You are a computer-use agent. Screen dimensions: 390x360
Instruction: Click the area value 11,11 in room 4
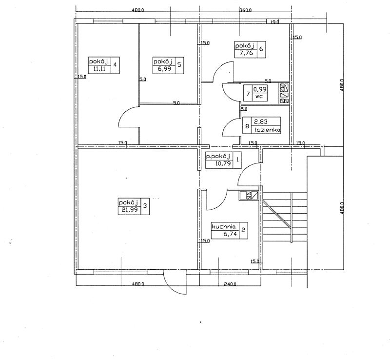click(x=99, y=69)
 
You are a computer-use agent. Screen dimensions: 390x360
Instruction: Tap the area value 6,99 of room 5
click(x=164, y=69)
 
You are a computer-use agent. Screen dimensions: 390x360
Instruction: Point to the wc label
click(x=259, y=97)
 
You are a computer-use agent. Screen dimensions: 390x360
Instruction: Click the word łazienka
click(x=267, y=130)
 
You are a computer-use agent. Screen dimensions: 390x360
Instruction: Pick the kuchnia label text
click(x=224, y=227)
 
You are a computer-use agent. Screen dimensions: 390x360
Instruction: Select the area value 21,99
click(x=129, y=210)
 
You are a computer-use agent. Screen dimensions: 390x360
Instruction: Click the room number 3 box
click(x=145, y=206)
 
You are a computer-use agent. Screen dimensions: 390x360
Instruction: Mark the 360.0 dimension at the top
click(x=246, y=10)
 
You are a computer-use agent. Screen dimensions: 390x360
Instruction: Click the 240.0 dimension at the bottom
click(x=230, y=284)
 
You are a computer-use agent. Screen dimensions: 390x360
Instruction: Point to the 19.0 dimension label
click(x=274, y=22)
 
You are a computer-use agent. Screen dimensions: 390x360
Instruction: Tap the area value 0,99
click(x=260, y=89)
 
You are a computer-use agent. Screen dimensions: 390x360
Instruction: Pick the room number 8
click(x=247, y=126)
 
